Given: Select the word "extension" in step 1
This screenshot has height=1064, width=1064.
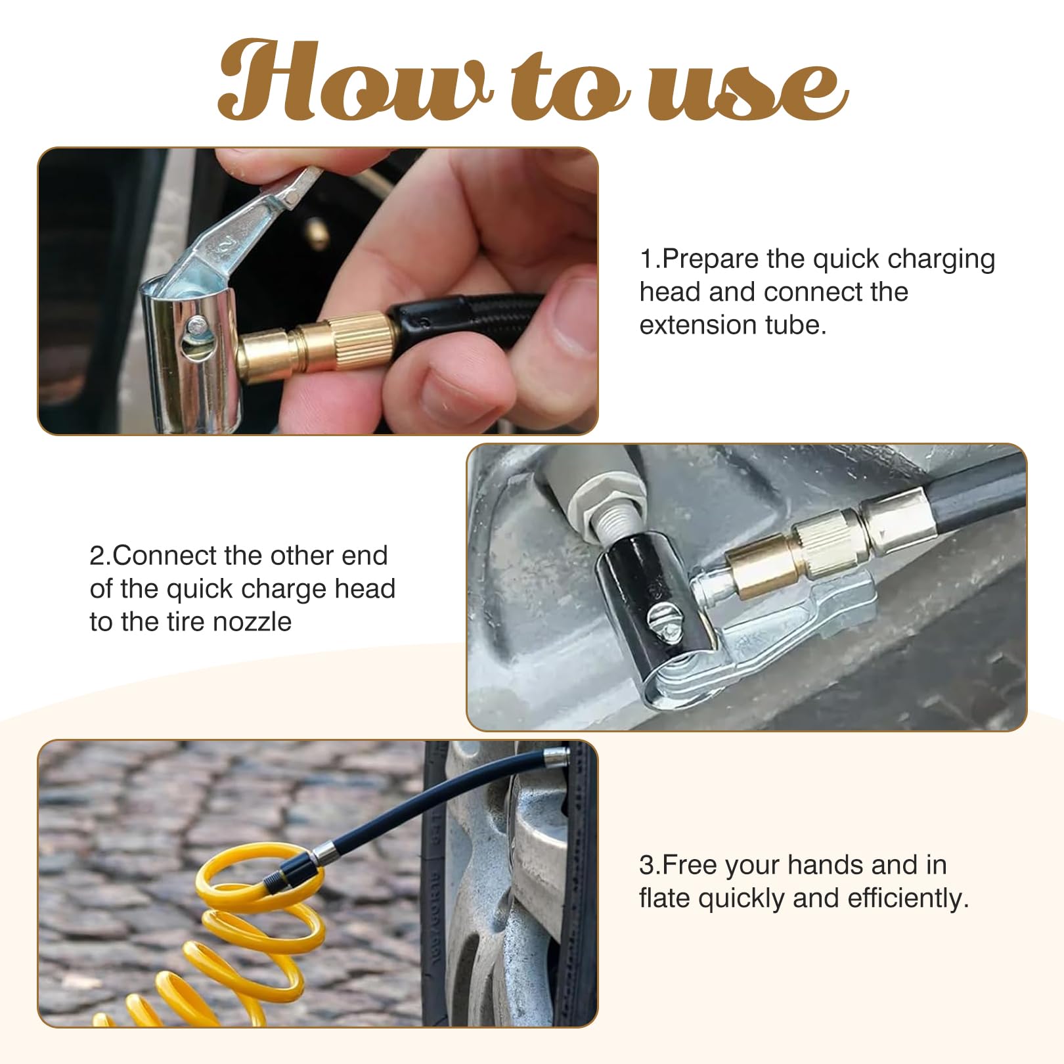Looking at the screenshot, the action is pyautogui.click(x=698, y=325).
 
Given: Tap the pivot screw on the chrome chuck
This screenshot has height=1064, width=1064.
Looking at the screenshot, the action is pyautogui.click(x=195, y=325).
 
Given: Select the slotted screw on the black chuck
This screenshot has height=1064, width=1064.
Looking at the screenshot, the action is pyautogui.click(x=661, y=621).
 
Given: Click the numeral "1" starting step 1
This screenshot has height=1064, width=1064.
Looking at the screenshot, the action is pyautogui.click(x=647, y=260).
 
